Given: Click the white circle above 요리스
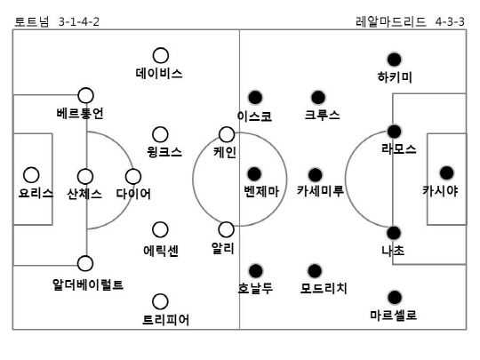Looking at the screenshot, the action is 31,175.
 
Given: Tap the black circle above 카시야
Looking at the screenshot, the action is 446,173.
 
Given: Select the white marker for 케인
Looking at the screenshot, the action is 227,134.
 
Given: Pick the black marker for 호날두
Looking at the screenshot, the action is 256,270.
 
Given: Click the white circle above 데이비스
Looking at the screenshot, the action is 161,55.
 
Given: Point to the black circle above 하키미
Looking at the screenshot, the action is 395,60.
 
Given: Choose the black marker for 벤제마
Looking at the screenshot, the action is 254,174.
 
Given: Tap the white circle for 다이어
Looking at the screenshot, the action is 133,176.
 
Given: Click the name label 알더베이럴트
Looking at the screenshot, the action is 88,284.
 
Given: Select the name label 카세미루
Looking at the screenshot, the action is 321,191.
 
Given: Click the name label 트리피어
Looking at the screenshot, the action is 166,320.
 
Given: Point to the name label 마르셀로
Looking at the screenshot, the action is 394,315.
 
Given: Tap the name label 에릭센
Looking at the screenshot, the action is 161,251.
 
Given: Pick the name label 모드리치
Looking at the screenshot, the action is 324,288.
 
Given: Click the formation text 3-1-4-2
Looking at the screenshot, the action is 79,21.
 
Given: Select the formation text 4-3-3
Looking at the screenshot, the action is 450,21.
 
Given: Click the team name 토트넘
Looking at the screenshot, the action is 32,21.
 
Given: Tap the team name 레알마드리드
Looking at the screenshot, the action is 390,21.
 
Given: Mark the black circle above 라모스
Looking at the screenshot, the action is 395,132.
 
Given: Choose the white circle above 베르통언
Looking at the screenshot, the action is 85,95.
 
